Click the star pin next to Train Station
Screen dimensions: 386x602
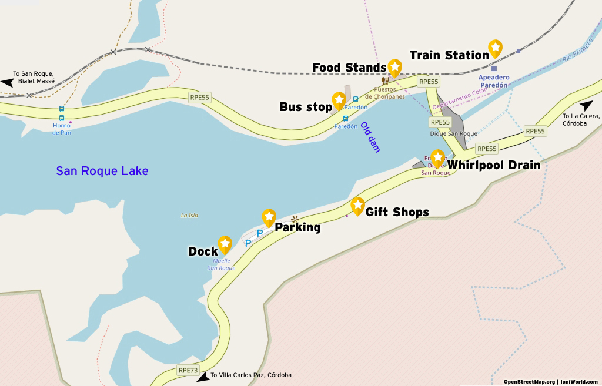496,48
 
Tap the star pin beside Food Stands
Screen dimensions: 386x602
394,68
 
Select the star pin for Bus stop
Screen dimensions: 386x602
339,100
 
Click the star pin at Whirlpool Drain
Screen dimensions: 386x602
437,158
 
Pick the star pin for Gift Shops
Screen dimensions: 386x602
357,206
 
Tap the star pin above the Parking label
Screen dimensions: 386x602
269,217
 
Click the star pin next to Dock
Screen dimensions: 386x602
225,244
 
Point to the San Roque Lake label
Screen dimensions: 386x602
102,171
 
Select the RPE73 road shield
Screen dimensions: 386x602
188,370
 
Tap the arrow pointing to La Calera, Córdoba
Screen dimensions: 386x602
586,106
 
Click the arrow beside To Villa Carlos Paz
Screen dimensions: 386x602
203,377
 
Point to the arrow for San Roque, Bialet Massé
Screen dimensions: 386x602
8,83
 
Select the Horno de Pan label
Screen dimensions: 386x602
62,129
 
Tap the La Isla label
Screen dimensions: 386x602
189,216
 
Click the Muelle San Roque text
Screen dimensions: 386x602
221,264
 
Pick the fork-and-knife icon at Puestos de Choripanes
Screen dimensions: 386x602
385,81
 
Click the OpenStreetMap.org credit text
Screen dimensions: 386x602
529,381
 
